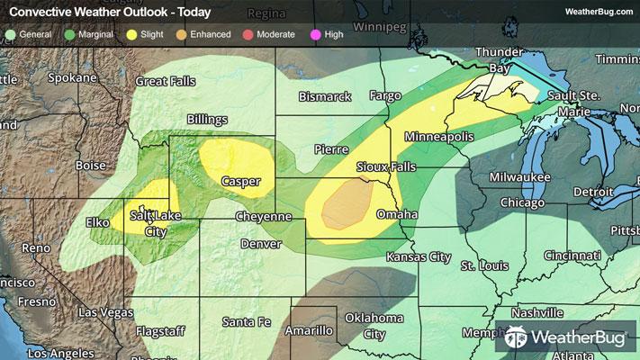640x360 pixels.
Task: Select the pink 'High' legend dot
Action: [x=316, y=34]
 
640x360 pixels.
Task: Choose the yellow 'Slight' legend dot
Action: [x=132, y=34]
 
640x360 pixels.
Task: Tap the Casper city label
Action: [x=240, y=181]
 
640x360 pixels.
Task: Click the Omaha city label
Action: [x=397, y=215]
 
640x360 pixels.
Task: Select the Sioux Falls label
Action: [x=383, y=167]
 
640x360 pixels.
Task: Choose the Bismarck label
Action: [x=325, y=95]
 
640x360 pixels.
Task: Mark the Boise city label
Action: [x=91, y=165]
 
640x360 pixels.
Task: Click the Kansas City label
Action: [x=418, y=256]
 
